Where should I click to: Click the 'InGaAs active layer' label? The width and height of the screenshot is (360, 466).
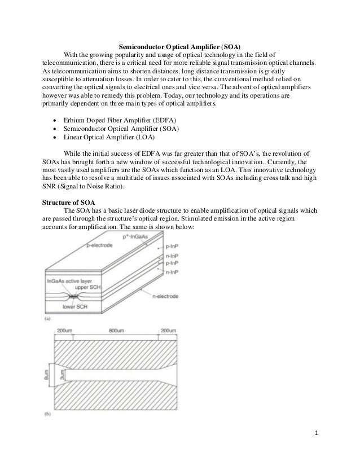tap(67, 280)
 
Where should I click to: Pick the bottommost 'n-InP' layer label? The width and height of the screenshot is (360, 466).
tap(173, 272)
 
